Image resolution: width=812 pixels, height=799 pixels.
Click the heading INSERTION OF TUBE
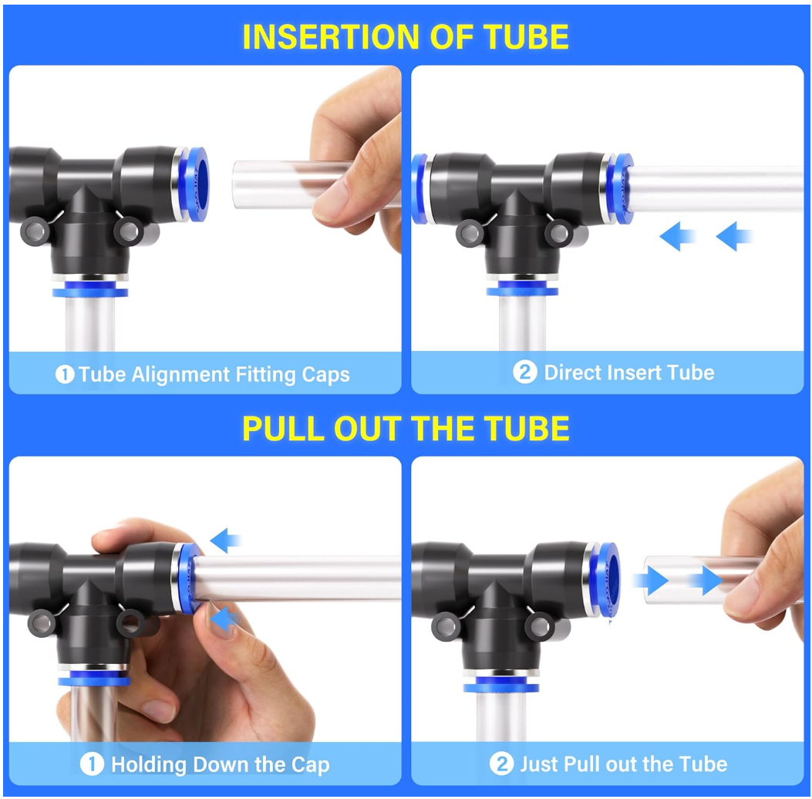pyautogui.click(x=406, y=37)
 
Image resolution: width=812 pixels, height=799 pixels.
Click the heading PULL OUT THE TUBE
pyautogui.click(x=406, y=429)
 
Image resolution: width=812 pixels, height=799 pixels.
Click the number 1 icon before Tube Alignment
pyautogui.click(x=65, y=376)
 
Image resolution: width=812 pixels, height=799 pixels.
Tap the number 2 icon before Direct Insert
pyautogui.click(x=524, y=373)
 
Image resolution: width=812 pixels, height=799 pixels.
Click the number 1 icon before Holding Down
pyautogui.click(x=92, y=765)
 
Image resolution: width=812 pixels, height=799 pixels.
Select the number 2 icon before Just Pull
pyautogui.click(x=501, y=764)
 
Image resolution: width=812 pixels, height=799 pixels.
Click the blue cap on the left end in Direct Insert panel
pyautogui.click(x=419, y=190)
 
